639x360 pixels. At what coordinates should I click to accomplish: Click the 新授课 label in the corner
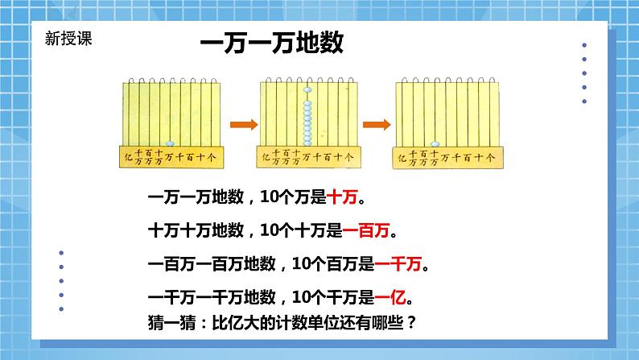[x=68, y=36]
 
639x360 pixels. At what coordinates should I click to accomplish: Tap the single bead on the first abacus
[x=170, y=143]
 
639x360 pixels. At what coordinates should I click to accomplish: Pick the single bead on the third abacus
[x=435, y=143]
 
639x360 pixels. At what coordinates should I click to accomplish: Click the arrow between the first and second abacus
[x=243, y=125]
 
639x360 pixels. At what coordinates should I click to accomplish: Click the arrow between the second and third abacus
[x=376, y=125]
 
